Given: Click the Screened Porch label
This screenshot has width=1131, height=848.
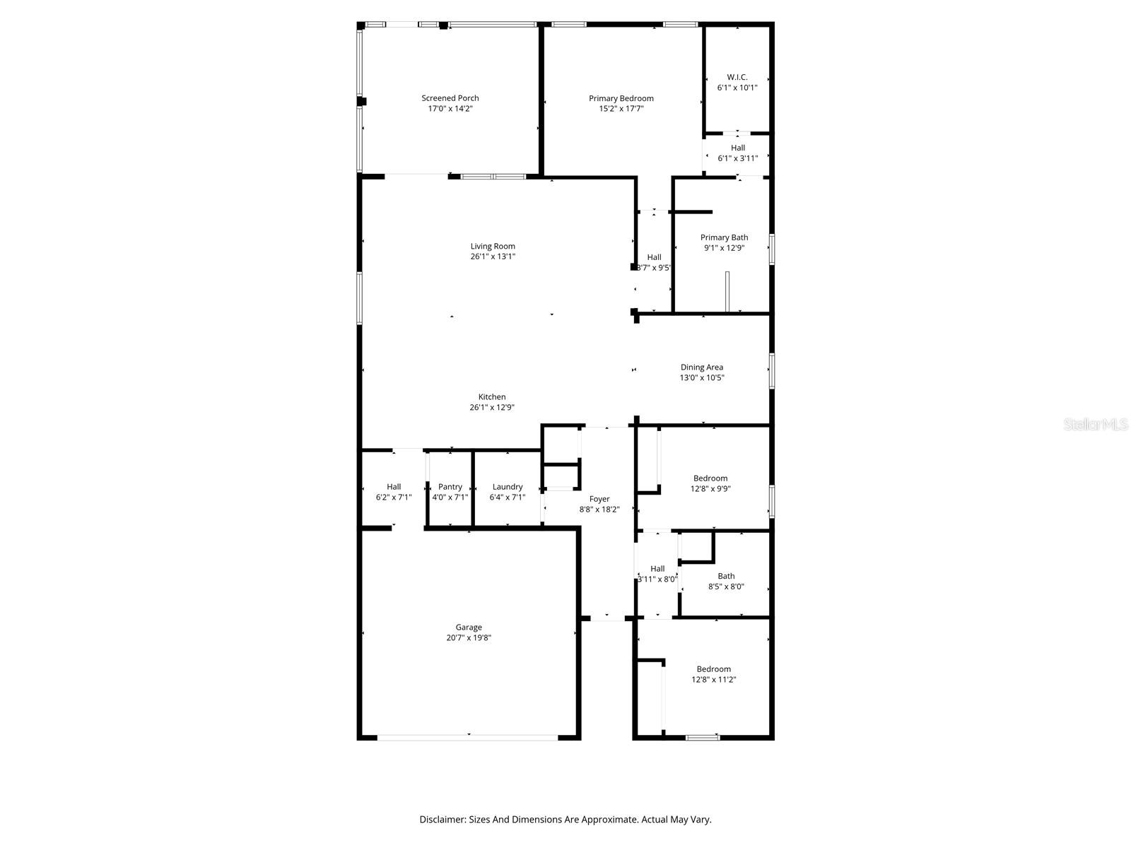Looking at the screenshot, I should pyautogui.click(x=450, y=98).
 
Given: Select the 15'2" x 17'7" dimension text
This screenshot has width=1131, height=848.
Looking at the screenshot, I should pyautogui.click(x=621, y=109).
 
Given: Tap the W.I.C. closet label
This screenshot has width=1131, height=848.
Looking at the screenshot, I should pyautogui.click(x=737, y=77).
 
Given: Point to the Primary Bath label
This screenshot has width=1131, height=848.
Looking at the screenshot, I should pyautogui.click(x=724, y=237).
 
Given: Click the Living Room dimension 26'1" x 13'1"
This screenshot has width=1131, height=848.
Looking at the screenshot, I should pyautogui.click(x=493, y=257).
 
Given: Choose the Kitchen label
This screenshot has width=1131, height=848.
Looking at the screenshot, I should pyautogui.click(x=492, y=397).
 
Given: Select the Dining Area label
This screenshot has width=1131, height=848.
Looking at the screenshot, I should pyautogui.click(x=702, y=367).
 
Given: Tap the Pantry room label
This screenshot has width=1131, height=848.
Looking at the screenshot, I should pyautogui.click(x=450, y=487).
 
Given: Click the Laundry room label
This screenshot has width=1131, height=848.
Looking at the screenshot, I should pyautogui.click(x=508, y=487).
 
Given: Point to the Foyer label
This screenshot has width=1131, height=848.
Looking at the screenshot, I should pyautogui.click(x=599, y=499).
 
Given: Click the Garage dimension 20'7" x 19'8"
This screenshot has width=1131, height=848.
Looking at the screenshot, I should pyautogui.click(x=469, y=637).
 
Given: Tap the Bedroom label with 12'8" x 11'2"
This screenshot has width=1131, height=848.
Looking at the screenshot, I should pyautogui.click(x=714, y=669).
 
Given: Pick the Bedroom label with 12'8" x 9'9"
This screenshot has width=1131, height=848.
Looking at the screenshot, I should pyautogui.click(x=710, y=478).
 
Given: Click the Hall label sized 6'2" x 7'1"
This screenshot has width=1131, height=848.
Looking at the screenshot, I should pyautogui.click(x=394, y=487).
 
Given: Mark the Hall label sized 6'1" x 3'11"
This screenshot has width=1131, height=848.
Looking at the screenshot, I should pyautogui.click(x=738, y=148).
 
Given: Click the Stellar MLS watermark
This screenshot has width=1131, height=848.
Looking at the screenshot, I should pyautogui.click(x=1096, y=425).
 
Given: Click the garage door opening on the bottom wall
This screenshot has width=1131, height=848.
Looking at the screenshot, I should pyautogui.click(x=468, y=737).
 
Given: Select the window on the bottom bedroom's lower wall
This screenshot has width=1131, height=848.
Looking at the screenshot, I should pyautogui.click(x=703, y=738).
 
